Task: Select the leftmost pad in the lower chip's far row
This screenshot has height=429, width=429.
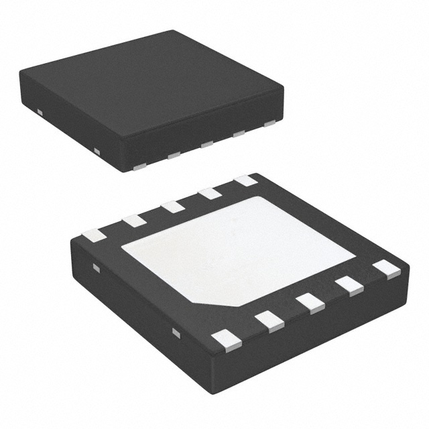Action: point(94,235)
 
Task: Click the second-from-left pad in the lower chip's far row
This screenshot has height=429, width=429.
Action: point(134,221)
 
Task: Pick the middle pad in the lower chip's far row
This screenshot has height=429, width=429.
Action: point(173,206)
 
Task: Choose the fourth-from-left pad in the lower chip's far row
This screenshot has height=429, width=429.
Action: point(210,194)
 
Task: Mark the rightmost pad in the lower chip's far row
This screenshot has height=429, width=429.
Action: point(245,180)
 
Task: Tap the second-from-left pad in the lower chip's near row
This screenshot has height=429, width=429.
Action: point(269,321)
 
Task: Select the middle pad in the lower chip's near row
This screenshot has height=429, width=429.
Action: point(311,303)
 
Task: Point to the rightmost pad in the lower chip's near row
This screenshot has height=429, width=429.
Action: point(386,269)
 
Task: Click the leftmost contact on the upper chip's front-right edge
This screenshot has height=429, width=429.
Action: point(140,165)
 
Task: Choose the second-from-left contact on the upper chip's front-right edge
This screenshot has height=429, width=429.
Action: point(174,156)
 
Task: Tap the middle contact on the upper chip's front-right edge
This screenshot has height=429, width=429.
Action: point(206,144)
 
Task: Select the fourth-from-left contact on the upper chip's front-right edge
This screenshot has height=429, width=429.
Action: point(239,133)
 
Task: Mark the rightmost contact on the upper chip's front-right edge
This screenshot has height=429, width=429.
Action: point(269,123)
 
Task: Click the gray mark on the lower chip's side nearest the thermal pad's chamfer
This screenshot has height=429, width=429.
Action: point(176,332)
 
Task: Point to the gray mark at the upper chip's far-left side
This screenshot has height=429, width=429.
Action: point(40,111)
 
